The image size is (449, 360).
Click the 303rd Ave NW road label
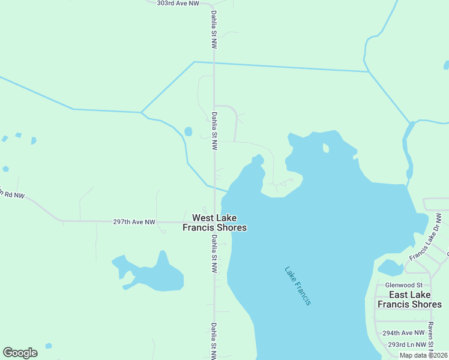click(x=178, y=4)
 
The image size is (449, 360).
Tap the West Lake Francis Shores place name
click(x=214, y=223)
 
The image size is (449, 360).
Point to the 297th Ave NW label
click(x=134, y=222)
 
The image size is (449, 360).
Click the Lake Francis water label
click(x=298, y=286)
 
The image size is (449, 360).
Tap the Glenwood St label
click(x=405, y=285)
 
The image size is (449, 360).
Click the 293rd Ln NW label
click(x=407, y=344)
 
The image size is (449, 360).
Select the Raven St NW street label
click(x=431, y=337)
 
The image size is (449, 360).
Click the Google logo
click(x=20, y=353)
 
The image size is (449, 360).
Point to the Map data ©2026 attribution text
click(x=423, y=355)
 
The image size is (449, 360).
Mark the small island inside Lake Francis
click(x=325, y=148)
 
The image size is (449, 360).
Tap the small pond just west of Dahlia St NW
click(x=188, y=131)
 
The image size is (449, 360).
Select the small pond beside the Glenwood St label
click(x=390, y=268)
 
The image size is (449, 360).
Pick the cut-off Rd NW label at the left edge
click(x=12, y=195)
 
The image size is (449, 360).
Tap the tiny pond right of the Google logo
click(x=48, y=346)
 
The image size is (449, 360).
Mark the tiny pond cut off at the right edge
click(x=446, y=65)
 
